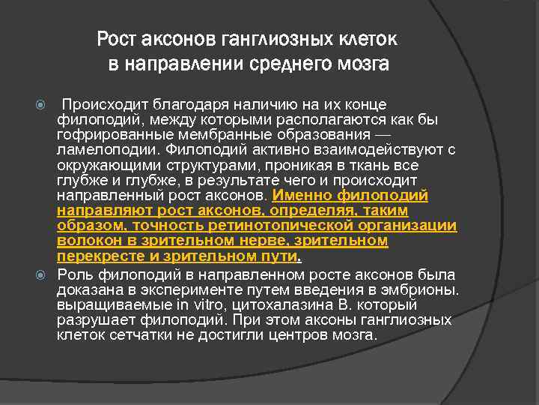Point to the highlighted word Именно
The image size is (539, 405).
(297, 194)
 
